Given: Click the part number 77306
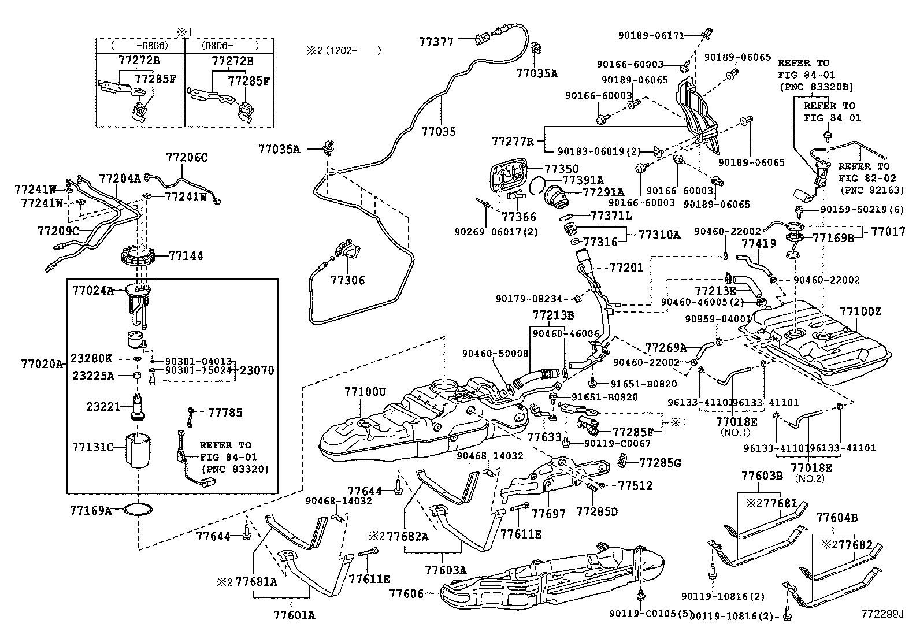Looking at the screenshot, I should pos(347,280).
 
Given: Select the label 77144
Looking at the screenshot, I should pos(186,255).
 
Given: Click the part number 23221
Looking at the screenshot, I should pos(103,407).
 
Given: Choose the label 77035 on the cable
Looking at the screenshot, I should pos(439,131).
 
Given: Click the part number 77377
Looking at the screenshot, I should pos(436,41).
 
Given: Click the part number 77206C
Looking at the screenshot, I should pos(187,157).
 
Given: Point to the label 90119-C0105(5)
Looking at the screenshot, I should pos(650,613).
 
